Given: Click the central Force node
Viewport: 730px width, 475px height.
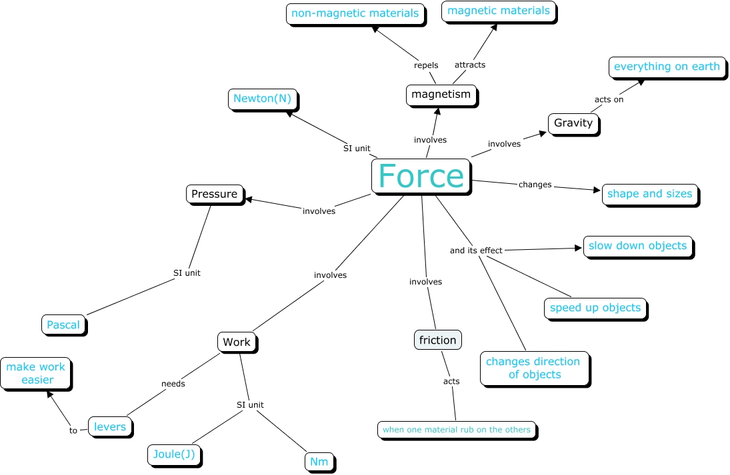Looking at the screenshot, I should coord(421,177).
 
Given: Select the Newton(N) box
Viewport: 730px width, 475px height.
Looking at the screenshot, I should coord(262,99).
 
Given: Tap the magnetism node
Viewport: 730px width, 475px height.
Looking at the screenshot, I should coord(441,95).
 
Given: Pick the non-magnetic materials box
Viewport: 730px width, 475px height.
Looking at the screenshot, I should coord(355,13).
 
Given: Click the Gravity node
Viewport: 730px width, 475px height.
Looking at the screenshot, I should coord(573,123).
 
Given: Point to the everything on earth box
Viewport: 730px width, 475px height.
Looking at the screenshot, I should coord(667,67).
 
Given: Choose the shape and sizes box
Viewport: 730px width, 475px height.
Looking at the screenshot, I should coord(649,194).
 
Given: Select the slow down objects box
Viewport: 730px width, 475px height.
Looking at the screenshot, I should coord(637,246).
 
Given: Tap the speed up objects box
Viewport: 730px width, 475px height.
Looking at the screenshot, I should coord(595,308).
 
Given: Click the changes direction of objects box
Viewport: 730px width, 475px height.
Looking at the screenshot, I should coord(533,368).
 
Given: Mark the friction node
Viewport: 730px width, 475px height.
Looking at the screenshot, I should coord(437,340).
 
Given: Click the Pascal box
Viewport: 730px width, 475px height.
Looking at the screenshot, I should coord(63,325).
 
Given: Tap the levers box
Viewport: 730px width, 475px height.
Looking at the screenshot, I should coord(110,427).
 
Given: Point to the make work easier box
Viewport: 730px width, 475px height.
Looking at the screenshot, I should coord(37,374).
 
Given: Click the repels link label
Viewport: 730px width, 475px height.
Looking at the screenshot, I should coord(426,65).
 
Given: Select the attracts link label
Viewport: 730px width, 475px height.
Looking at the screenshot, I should coord(470,65).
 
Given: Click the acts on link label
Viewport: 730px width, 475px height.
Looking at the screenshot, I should coord(609,100).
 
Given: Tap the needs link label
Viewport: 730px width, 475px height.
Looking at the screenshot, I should coord(173,384).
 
